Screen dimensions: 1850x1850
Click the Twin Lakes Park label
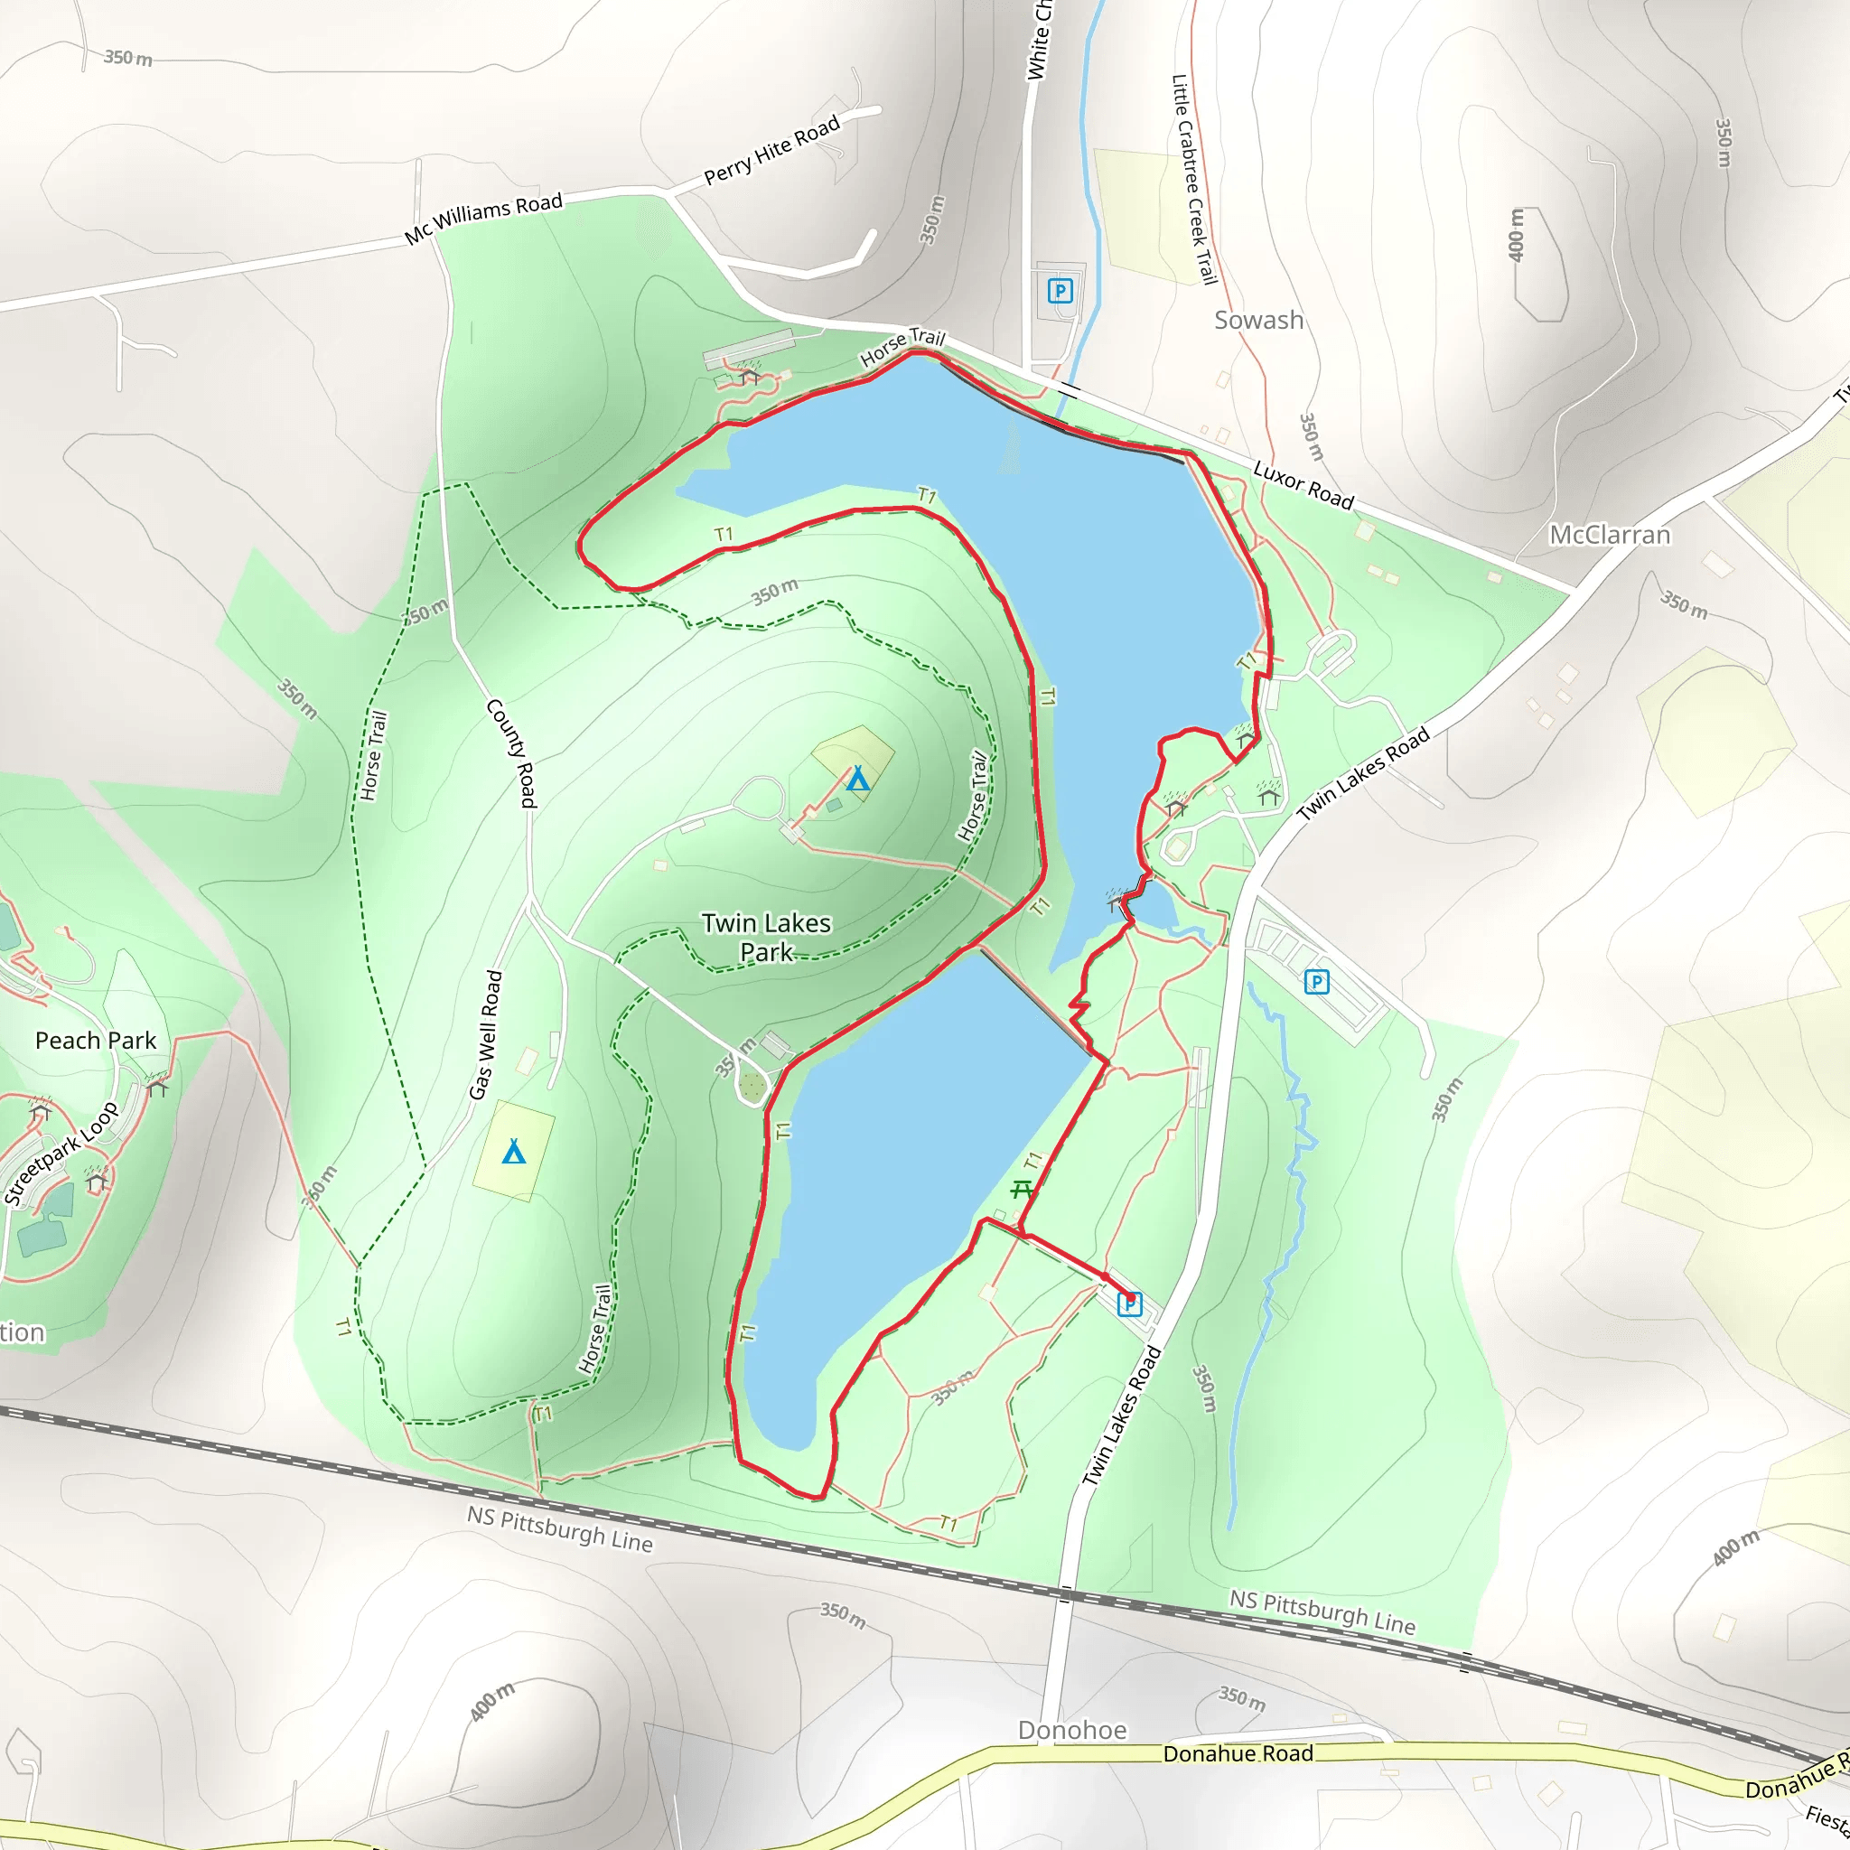(x=766, y=938)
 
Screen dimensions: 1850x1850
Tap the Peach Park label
(x=96, y=1041)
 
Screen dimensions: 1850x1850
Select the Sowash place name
(x=1258, y=320)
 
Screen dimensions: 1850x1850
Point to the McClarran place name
(x=1610, y=535)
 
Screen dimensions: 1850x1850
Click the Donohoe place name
(x=1071, y=1730)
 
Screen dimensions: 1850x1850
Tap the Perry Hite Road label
(x=771, y=149)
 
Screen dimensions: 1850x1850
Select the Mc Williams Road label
(x=482, y=220)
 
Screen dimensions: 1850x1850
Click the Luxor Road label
(x=1303, y=485)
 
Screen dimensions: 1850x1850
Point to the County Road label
(x=511, y=752)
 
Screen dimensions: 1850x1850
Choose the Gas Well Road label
(x=485, y=1035)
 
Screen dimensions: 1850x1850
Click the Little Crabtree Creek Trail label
(x=1194, y=179)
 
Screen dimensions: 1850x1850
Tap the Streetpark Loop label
(x=61, y=1154)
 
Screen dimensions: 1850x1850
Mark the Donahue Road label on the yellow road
(x=1238, y=1753)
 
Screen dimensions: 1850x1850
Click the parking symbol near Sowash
(x=1059, y=290)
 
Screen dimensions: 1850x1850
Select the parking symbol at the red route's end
(x=1130, y=1303)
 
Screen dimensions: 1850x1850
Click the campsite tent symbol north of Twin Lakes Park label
(x=858, y=779)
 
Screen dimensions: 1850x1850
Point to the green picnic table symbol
(x=1022, y=1190)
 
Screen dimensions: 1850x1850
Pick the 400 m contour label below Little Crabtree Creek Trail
(x=1516, y=235)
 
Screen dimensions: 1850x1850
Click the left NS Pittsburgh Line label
(x=559, y=1528)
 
